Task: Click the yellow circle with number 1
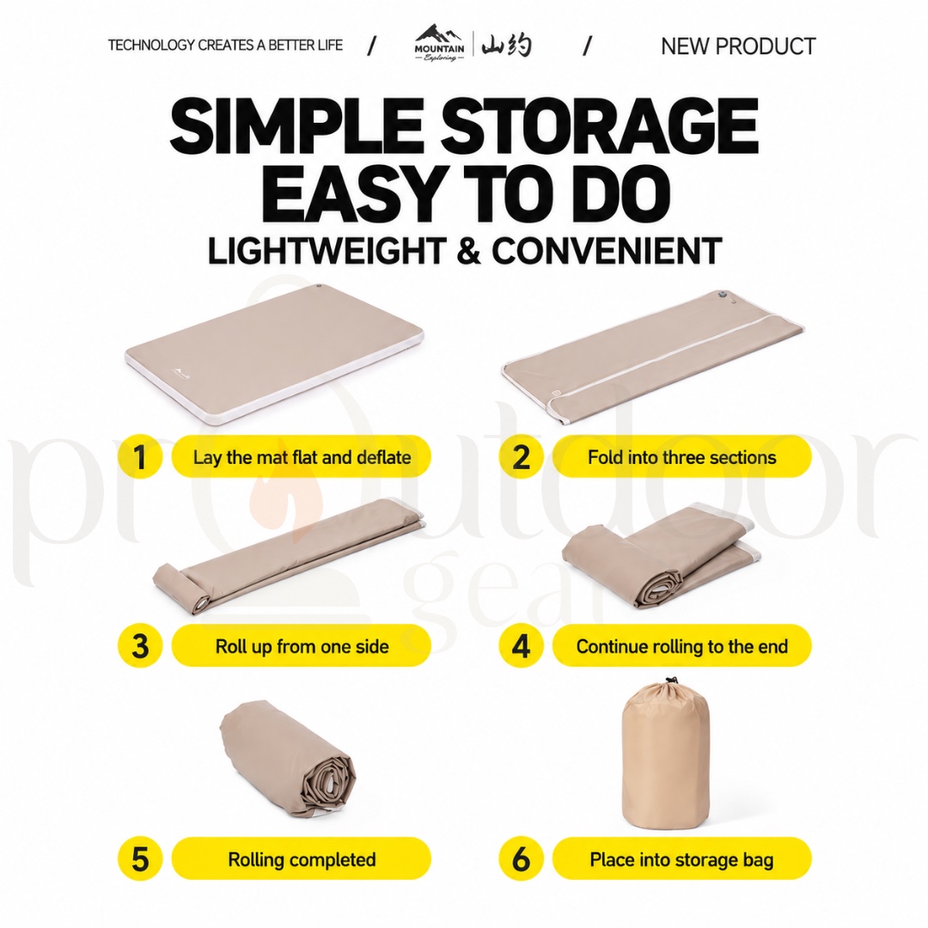click(140, 457)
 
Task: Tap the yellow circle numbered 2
click(521, 457)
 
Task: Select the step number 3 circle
click(140, 645)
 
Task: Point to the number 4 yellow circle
click(521, 645)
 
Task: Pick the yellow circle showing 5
click(140, 858)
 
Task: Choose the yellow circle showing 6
click(521, 858)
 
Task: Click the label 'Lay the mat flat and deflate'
click(302, 457)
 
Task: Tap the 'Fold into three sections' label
click(681, 457)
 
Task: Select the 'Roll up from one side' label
click(302, 645)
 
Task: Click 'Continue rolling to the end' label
click(681, 645)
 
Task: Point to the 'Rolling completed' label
click(302, 858)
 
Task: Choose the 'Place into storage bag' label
click(681, 858)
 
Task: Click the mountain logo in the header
click(439, 43)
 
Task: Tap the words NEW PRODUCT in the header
click(738, 46)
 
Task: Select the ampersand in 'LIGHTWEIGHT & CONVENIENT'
click(468, 251)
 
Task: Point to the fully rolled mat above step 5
click(287, 760)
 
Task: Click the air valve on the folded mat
click(721, 295)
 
